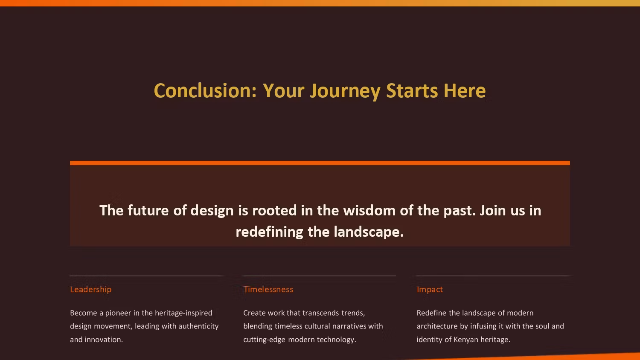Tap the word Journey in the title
(x=345, y=91)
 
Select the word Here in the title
(x=465, y=90)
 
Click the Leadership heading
(x=90, y=290)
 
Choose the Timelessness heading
(x=268, y=290)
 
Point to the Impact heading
(x=430, y=290)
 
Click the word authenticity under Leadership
(x=198, y=326)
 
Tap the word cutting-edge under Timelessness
(x=264, y=340)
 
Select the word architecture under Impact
(x=437, y=326)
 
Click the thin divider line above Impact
(x=493, y=276)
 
